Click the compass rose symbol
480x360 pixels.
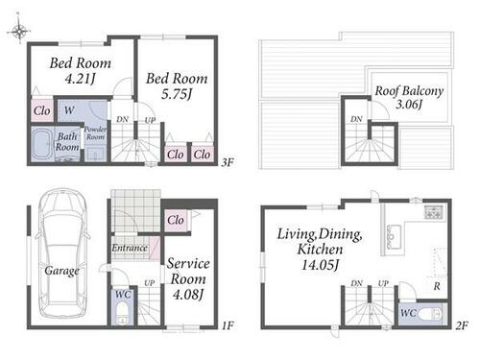tap(18, 30)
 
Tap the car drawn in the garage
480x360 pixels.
tap(62, 252)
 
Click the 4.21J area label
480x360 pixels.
tap(80, 79)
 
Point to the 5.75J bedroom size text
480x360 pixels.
tap(177, 94)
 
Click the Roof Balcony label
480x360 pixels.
tap(409, 91)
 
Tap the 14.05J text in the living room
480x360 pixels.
tap(320, 265)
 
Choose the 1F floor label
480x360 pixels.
tap(228, 325)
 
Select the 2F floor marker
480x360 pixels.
tap(462, 325)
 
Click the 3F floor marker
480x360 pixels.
tap(228, 162)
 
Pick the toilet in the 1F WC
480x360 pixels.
tap(122, 313)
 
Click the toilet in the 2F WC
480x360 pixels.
tap(430, 314)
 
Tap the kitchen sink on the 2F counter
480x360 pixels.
tap(394, 237)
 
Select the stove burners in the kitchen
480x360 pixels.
tap(434, 212)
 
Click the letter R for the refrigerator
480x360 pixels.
tap(437, 286)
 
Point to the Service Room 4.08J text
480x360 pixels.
tap(188, 279)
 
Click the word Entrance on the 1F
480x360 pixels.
tap(130, 248)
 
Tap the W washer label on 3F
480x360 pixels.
tap(69, 110)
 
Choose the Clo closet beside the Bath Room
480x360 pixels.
tap(42, 111)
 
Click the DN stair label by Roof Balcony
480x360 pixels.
tap(356, 119)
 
